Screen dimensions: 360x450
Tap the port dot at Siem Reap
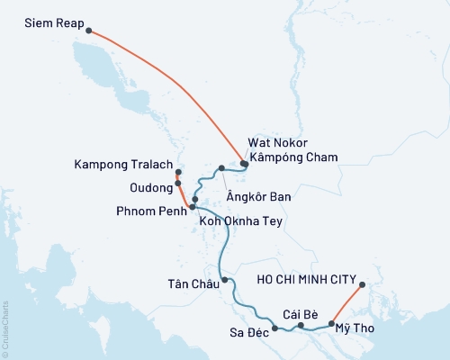tap(88, 31)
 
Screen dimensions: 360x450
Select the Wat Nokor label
tap(278, 143)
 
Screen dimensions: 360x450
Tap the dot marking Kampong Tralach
tap(178, 172)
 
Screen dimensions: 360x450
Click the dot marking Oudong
tap(178, 183)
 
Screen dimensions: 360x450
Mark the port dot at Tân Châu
tap(224, 280)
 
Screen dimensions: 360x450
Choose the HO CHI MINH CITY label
tap(308, 279)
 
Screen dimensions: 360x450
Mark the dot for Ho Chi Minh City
tap(362, 286)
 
